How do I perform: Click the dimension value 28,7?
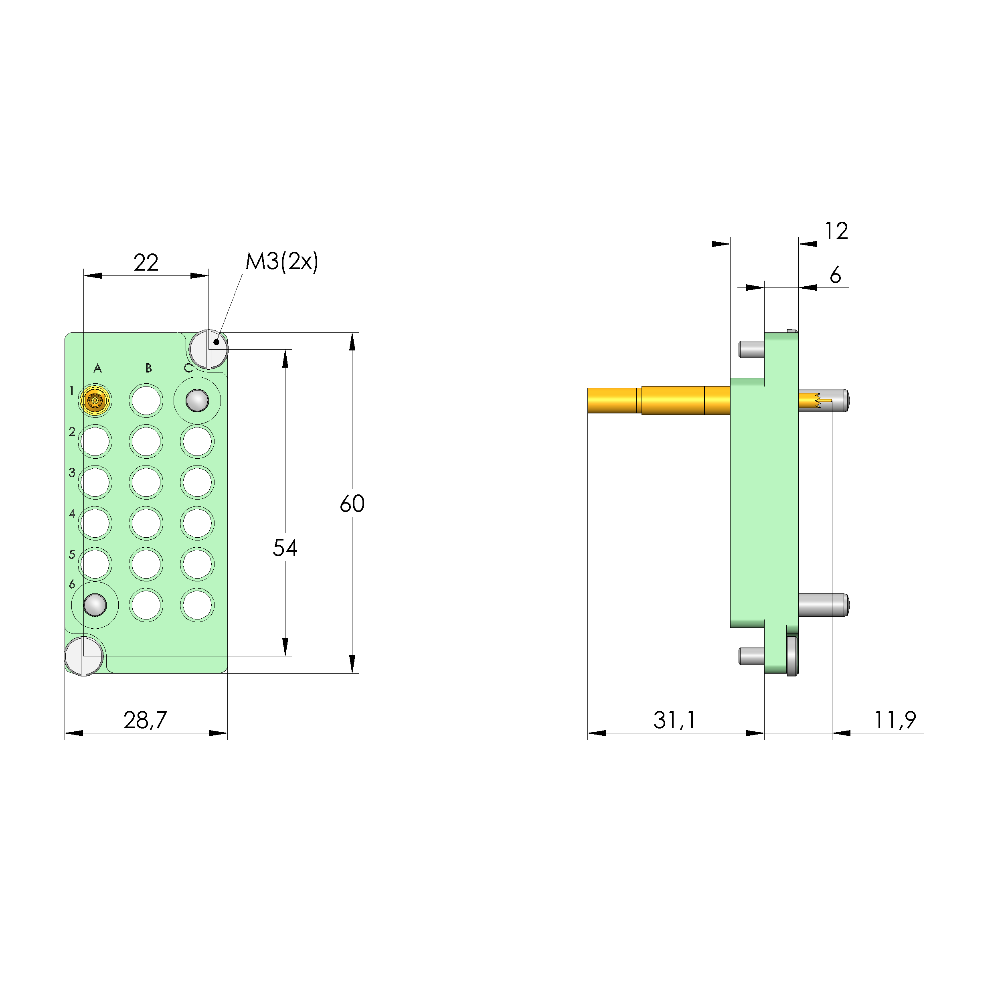[x=145, y=720]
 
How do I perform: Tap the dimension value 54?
[x=285, y=548]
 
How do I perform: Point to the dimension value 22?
[x=146, y=263]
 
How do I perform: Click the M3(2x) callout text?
[x=281, y=261]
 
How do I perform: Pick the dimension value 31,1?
[x=674, y=720]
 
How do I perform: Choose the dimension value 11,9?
[x=895, y=720]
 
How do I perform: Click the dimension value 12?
[x=836, y=231]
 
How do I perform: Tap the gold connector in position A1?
[x=95, y=401]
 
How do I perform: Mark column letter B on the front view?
[x=149, y=368]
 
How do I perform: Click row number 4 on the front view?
[x=72, y=514]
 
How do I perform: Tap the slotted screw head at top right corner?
[x=208, y=349]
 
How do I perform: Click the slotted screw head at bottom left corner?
[x=84, y=656]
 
